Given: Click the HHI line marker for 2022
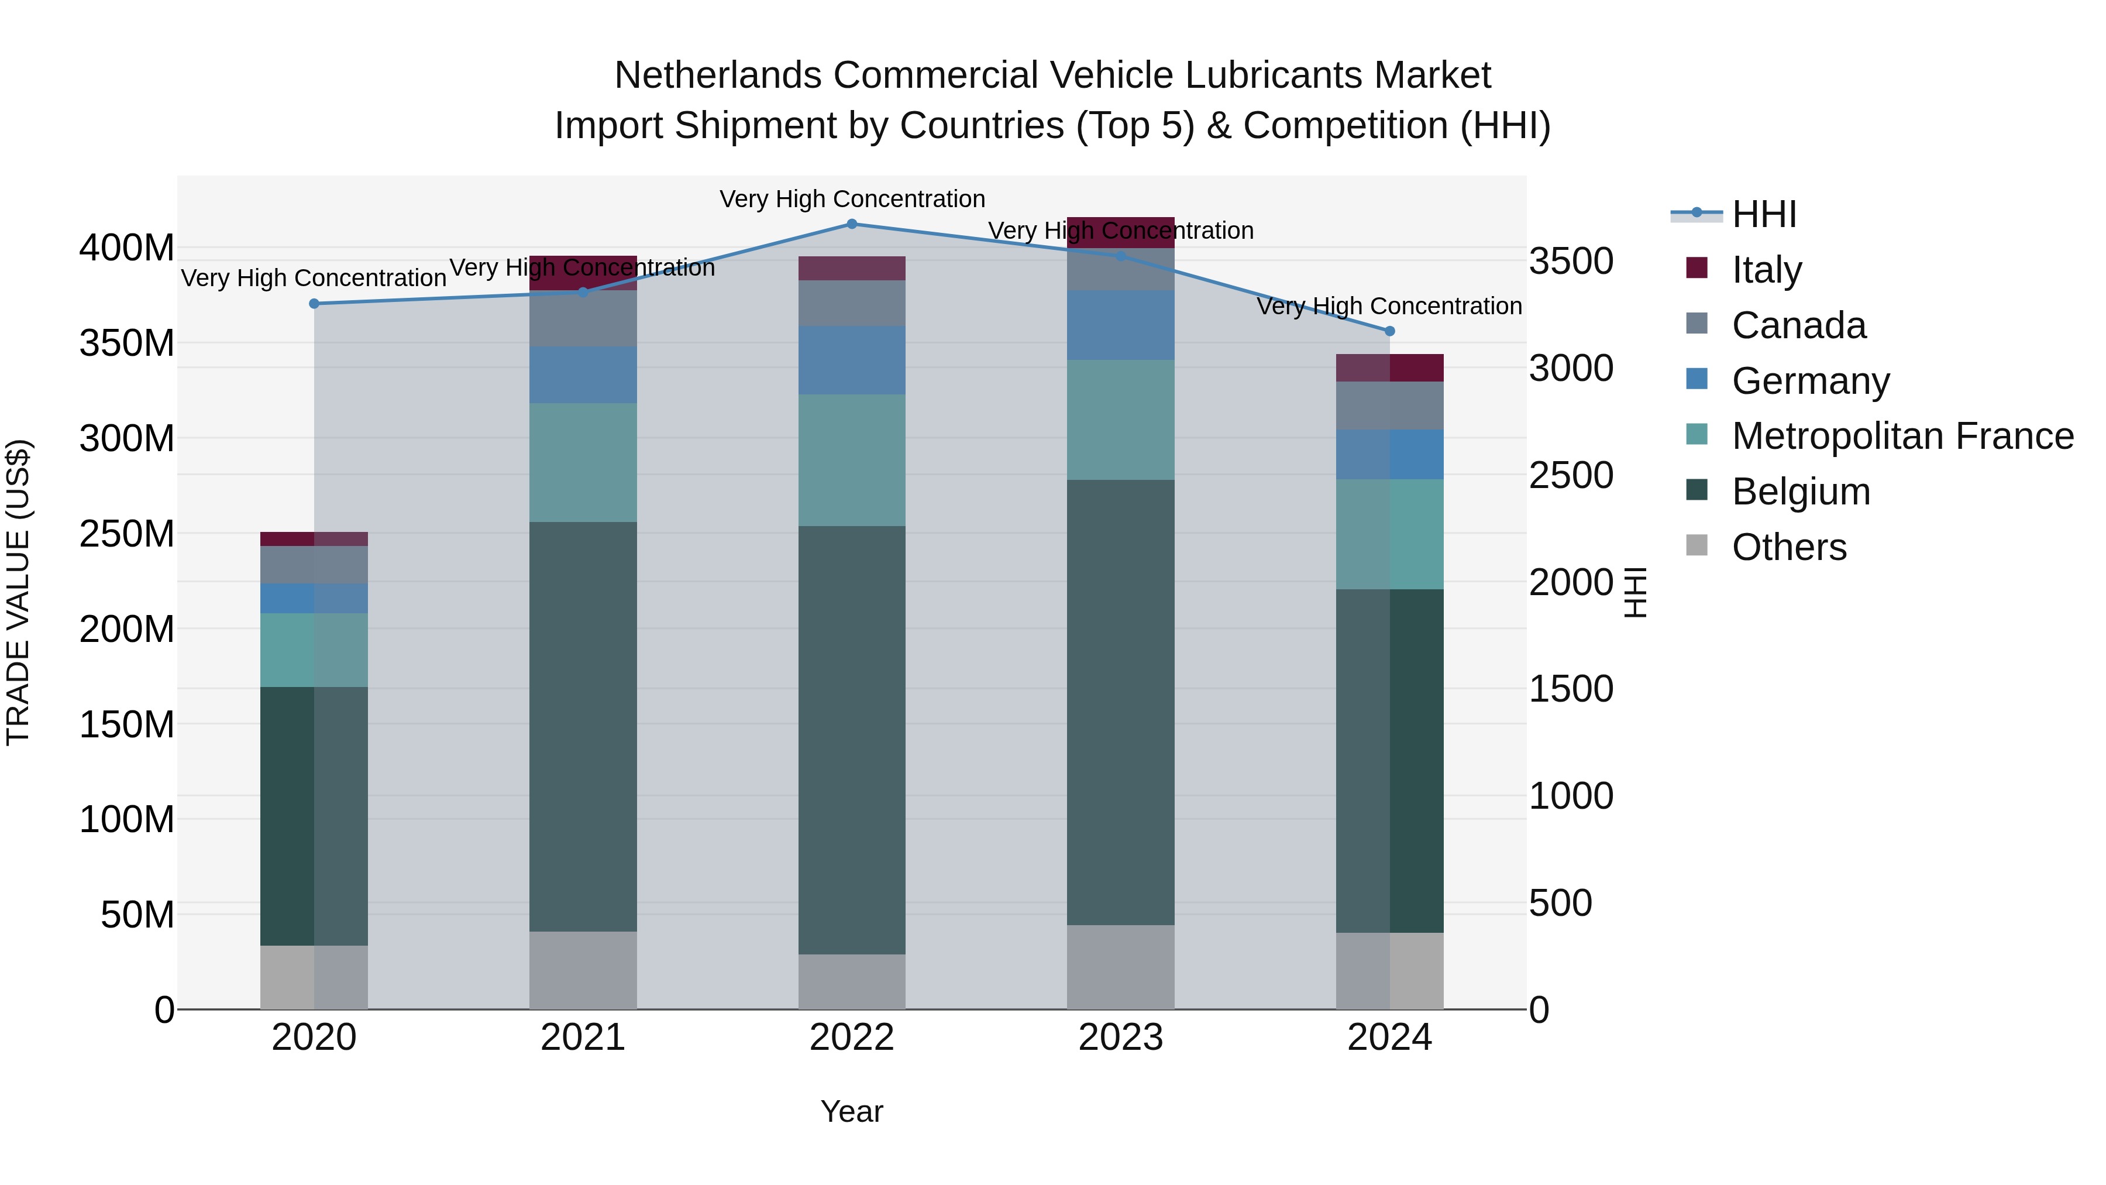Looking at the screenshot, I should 851,224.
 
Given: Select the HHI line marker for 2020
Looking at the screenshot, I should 314,303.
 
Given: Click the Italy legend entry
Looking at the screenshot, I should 1766,270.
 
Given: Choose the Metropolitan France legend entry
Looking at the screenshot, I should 1902,436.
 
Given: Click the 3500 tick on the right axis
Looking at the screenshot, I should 1571,262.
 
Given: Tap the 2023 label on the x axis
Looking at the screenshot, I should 1120,1038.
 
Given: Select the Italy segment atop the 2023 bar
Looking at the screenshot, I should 1120,232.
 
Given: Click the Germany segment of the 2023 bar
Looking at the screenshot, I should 1120,325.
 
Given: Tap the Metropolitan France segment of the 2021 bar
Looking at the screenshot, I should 583,462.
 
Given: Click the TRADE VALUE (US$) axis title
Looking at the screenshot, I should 19,592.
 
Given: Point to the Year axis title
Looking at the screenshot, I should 851,1111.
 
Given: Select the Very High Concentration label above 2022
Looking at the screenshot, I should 852,199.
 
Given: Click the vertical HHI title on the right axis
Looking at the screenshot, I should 1634,592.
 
